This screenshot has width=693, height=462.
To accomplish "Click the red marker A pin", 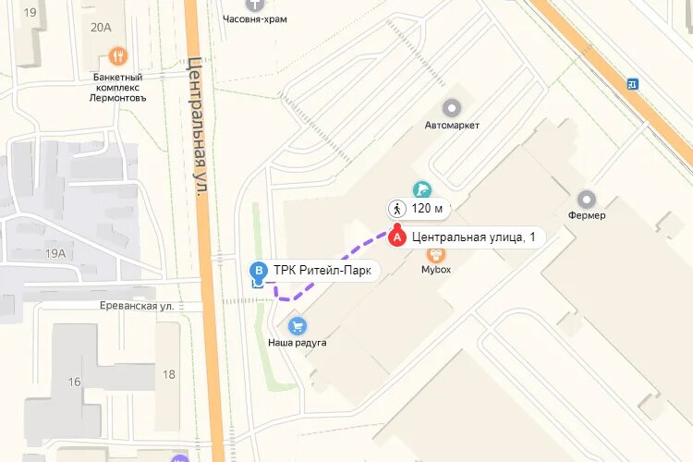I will (x=397, y=237).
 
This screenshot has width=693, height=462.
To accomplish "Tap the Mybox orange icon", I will (x=435, y=253).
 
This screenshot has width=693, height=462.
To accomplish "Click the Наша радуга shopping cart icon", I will (x=298, y=326).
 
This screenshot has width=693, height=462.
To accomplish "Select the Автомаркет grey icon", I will (x=452, y=108).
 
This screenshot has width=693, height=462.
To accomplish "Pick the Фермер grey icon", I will (x=587, y=199).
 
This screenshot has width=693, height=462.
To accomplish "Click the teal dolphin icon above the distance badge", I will (x=421, y=189).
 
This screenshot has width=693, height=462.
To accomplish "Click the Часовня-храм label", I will (x=255, y=18).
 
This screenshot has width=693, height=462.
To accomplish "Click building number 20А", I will (x=101, y=28).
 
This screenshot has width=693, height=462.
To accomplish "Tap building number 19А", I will (x=55, y=253).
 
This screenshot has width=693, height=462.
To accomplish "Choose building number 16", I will (x=74, y=382).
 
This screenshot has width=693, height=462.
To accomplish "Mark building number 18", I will (x=168, y=374).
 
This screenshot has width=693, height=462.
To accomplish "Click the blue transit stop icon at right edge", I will (x=632, y=83).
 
